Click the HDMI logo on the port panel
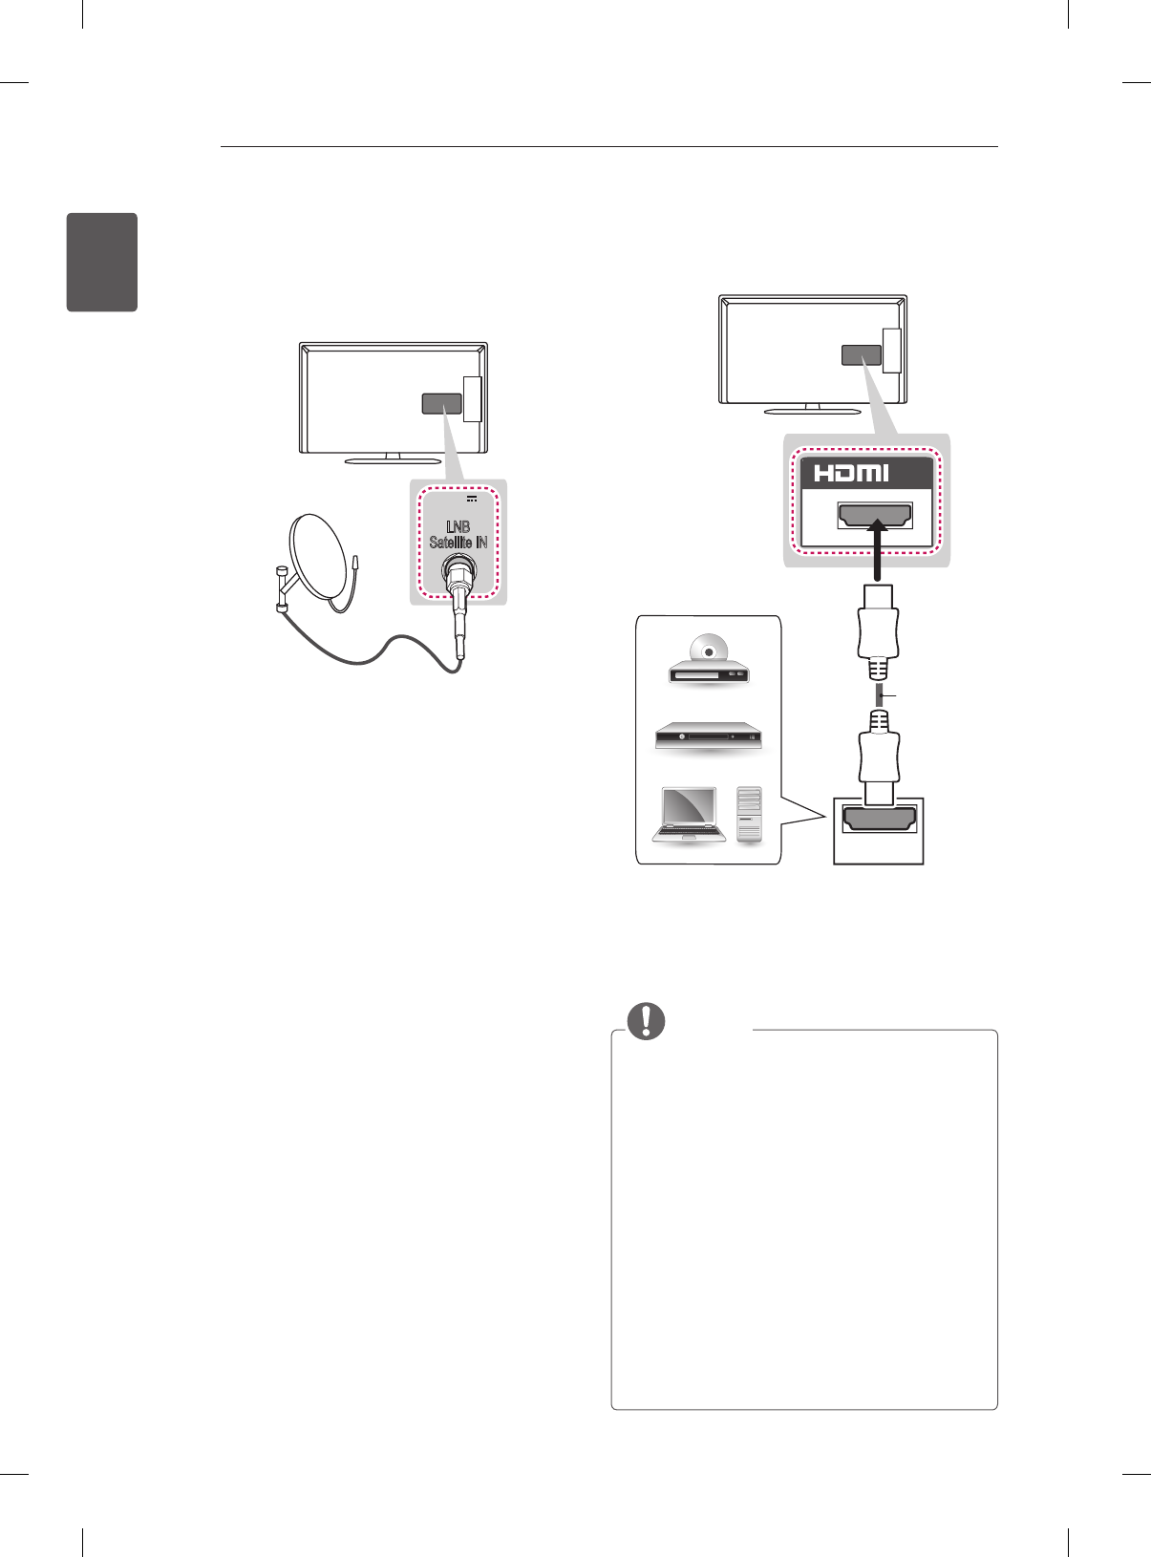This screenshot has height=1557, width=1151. [x=851, y=473]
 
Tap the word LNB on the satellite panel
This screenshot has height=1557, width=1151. [x=458, y=526]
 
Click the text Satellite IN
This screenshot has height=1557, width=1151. [x=458, y=543]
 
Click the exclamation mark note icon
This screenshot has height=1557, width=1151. [x=647, y=1021]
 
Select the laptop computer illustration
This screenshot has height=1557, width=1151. [x=685, y=815]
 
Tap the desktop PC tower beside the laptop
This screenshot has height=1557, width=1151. [x=751, y=814]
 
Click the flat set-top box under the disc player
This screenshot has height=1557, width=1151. [x=708, y=736]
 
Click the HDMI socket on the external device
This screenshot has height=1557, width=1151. [x=879, y=820]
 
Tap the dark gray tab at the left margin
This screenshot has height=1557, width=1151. [x=102, y=262]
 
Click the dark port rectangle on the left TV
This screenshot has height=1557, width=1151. [x=441, y=403]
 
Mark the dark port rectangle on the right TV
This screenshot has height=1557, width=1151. [x=861, y=354]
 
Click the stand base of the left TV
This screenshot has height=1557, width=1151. [x=393, y=459]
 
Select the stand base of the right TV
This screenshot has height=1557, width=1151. [x=812, y=412]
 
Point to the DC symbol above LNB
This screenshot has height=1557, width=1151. [x=472, y=498]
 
